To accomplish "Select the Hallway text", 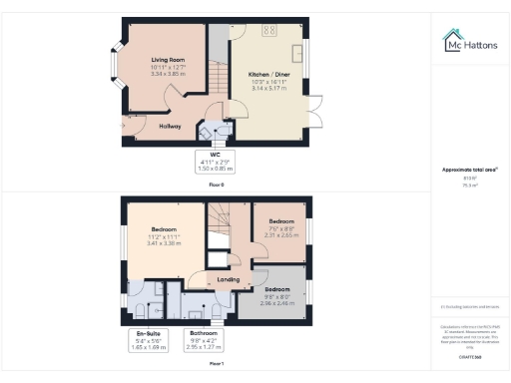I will point(171,126).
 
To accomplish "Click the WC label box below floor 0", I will point(209,162).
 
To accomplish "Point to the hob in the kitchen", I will point(269,31).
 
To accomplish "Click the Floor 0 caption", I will point(217,186).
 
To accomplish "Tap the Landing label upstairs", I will point(229,280).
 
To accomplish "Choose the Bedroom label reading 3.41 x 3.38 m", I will point(161,239).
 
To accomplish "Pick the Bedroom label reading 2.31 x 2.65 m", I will point(280,227).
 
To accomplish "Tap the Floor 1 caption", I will point(217,365).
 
